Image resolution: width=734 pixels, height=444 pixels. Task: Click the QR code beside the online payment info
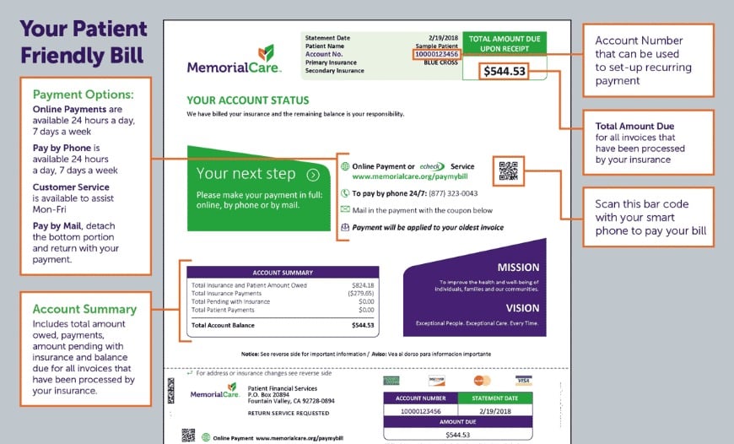pos(509,171)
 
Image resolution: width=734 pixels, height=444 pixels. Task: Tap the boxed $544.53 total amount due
pos(504,71)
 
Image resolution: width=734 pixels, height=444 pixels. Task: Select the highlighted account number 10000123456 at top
pos(436,54)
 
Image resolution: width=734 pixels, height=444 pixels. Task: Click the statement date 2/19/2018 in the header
pos(444,38)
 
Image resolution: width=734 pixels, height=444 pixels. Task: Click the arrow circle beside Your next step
pos(313,175)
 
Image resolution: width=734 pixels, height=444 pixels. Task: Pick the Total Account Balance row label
pos(224,325)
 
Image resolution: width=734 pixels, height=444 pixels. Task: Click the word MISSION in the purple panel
pos(517,268)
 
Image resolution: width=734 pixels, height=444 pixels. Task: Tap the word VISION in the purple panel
pos(522,308)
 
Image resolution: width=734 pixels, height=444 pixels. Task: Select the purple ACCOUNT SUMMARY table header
pos(283,273)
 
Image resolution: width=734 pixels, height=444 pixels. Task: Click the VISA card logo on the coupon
pos(524,381)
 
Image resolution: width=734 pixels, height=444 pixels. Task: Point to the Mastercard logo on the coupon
pos(482,381)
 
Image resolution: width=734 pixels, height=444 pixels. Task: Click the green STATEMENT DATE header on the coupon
pos(495,398)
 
